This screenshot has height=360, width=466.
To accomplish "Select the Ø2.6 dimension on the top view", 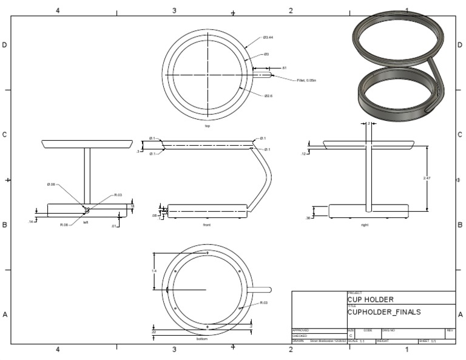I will click(268, 95).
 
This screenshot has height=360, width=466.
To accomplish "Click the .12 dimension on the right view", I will click(304, 154).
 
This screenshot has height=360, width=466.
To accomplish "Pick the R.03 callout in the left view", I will click(118, 195).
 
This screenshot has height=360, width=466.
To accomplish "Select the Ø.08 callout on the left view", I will click(51, 185).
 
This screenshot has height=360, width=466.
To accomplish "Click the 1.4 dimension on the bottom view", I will click(154, 271).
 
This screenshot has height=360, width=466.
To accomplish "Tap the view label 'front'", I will click(207, 225).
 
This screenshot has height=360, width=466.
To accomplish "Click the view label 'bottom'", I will click(202, 339).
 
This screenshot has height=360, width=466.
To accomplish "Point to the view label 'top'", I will click(208, 126).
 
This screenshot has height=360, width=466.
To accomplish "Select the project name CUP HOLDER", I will click(370, 299).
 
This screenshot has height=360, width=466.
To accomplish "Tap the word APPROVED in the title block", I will click(301, 330).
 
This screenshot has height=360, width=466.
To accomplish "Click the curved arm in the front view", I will click(266, 176).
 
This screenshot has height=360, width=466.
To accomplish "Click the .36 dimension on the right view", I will click(309, 218).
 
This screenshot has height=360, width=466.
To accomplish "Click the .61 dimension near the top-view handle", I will click(284, 68).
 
